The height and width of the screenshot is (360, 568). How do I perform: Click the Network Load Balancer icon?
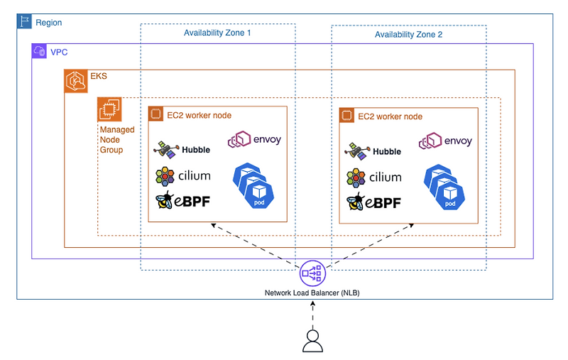[312, 273]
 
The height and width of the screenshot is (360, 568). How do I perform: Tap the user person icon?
[312, 341]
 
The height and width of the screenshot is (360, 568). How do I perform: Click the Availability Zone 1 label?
[217, 33]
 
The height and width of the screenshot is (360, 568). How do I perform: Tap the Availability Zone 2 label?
[408, 34]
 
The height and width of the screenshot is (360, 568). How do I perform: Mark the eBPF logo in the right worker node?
[373, 202]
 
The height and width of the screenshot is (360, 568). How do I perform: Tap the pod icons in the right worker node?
[443, 186]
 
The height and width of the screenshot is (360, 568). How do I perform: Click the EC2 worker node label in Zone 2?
[390, 116]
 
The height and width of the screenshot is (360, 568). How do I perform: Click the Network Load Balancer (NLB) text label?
[312, 293]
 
